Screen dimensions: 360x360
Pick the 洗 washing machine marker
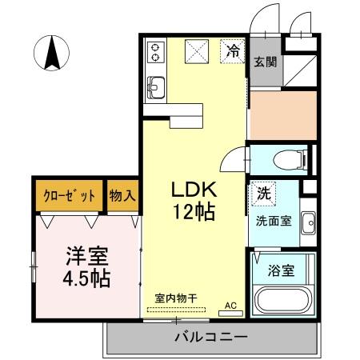[x=262, y=194]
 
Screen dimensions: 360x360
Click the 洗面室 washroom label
[x=272, y=219]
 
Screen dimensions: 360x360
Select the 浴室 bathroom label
[x=282, y=270]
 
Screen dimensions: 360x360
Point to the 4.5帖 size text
[x=86, y=280]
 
